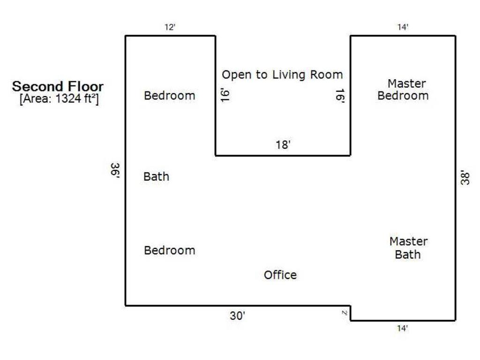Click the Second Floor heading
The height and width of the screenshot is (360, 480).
(x=58, y=86)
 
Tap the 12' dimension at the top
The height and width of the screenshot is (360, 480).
(x=170, y=27)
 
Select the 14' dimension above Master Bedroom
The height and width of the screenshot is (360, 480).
(x=403, y=27)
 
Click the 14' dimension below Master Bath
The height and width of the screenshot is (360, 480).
(x=403, y=329)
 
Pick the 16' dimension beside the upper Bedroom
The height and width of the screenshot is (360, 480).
(x=225, y=96)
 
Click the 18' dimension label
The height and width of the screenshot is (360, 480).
(x=283, y=144)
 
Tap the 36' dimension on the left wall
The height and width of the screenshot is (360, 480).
(x=115, y=170)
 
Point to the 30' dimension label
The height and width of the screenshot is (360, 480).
(x=238, y=315)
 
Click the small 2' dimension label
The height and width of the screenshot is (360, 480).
(x=345, y=313)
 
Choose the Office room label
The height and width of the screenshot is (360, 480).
(x=280, y=275)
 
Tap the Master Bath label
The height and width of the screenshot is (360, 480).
(x=408, y=248)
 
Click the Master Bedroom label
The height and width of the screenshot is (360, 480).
(x=403, y=90)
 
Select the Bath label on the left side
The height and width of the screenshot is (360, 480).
(x=156, y=177)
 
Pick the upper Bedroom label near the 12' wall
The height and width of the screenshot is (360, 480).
(x=169, y=96)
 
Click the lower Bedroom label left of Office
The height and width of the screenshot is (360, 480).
(x=169, y=250)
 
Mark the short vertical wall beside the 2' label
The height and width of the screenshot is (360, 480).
(x=350, y=313)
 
